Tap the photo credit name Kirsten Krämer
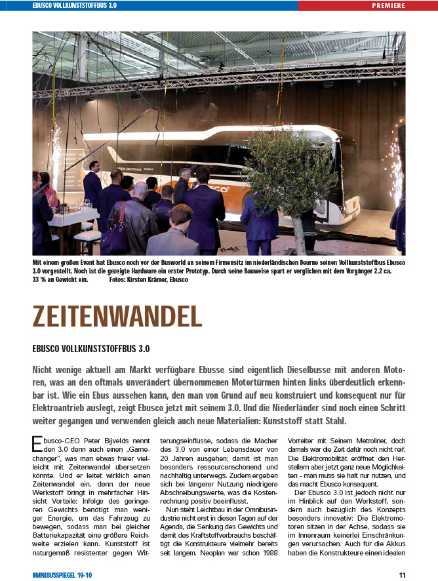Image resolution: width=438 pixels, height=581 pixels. tap(149, 279)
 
